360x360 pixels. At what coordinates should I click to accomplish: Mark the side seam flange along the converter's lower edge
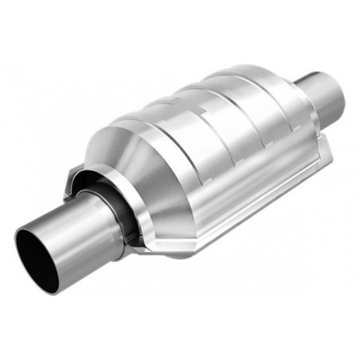tap(239, 199)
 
